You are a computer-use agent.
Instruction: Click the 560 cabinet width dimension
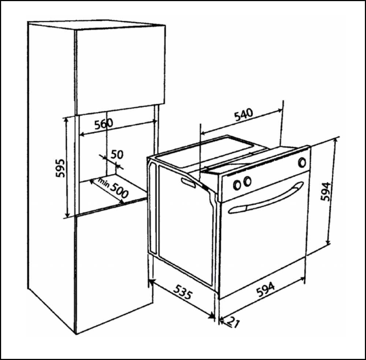(x=104, y=124)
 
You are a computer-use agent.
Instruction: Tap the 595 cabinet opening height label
(x=60, y=168)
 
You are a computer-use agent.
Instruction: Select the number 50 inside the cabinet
(x=117, y=155)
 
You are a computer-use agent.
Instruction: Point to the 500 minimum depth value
(x=119, y=190)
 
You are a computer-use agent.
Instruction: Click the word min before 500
(x=104, y=183)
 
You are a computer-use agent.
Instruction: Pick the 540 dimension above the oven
(x=243, y=115)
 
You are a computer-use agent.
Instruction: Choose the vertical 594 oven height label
(x=325, y=191)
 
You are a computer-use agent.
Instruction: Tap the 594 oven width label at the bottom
(x=266, y=289)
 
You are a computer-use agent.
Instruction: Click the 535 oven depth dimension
(x=183, y=292)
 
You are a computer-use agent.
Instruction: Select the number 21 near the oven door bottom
(x=234, y=322)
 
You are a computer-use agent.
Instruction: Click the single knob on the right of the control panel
(x=302, y=162)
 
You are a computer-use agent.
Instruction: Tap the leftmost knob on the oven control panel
(x=237, y=185)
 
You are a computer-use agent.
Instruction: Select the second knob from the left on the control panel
(x=247, y=181)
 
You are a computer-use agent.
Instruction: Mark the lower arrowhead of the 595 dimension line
(x=67, y=215)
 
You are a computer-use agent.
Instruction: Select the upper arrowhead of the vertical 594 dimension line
(x=336, y=140)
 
